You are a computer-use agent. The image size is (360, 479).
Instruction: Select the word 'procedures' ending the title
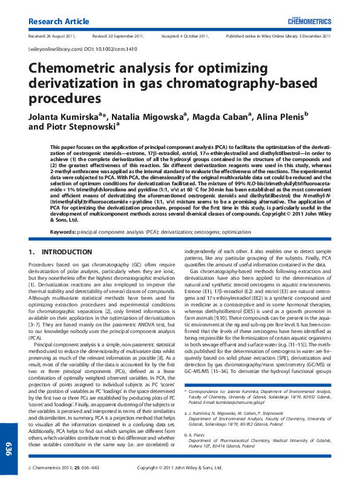(x=64, y=97)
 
